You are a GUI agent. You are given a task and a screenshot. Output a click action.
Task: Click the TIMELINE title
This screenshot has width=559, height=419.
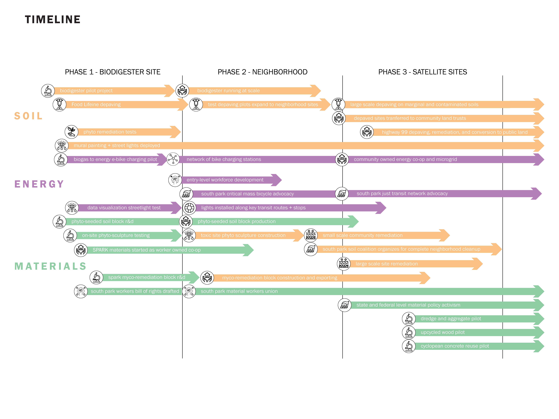click(53, 19)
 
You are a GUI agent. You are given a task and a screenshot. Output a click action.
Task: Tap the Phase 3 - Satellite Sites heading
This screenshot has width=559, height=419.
click(423, 72)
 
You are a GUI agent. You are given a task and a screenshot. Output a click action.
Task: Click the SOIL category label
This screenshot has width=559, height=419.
click(28, 116)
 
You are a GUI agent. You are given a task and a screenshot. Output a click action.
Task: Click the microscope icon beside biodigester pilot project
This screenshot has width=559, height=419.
click(48, 91)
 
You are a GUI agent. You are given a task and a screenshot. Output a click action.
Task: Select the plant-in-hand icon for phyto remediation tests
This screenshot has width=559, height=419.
click(72, 132)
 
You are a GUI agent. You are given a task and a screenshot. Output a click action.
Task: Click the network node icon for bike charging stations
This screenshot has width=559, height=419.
click(173, 159)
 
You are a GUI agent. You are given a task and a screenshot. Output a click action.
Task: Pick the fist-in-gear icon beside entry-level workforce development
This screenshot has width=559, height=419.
click(175, 180)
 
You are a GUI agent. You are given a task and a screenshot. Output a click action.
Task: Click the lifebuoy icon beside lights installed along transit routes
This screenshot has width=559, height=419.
click(189, 208)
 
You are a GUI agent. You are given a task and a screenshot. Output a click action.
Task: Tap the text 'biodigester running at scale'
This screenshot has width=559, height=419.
click(228, 91)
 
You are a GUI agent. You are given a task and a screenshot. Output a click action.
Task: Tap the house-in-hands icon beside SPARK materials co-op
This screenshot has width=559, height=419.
click(81, 250)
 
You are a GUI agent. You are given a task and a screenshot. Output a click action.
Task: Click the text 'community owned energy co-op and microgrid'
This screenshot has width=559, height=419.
click(405, 159)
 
